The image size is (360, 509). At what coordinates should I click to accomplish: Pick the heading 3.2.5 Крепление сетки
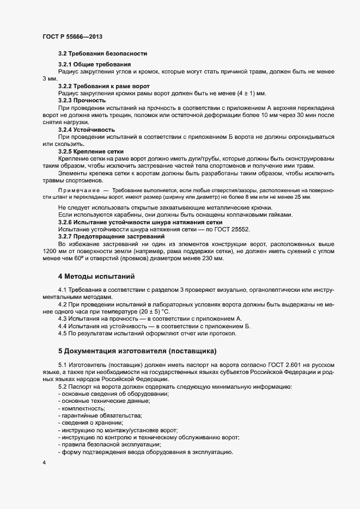click(91, 151)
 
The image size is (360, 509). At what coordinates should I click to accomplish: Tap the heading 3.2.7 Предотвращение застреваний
click(112, 236)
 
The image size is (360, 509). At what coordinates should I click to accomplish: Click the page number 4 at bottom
click(44, 463)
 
